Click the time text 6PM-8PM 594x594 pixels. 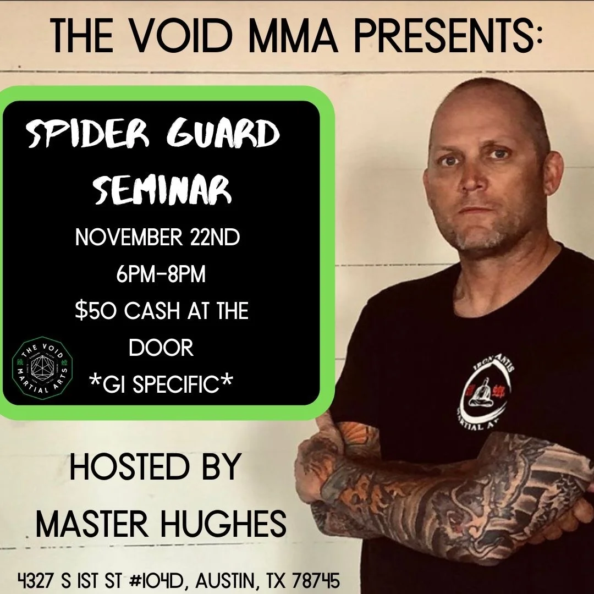pos(161,274)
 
